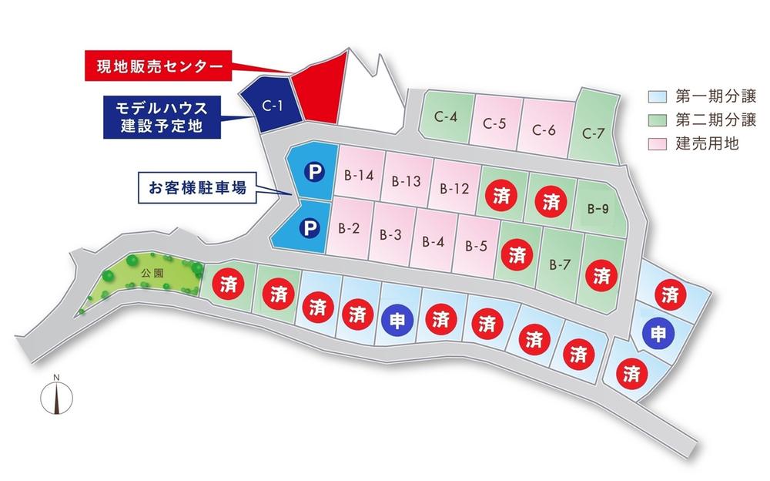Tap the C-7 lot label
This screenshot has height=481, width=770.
[593, 133]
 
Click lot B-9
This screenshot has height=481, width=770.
[598, 208]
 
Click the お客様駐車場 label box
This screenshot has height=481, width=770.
[198, 187]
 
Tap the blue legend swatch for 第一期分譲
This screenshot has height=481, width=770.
[656, 97]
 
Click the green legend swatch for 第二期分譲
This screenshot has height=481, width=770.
[656, 120]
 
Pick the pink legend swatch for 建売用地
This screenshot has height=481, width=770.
[656, 143]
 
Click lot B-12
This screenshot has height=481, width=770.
[455, 187]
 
